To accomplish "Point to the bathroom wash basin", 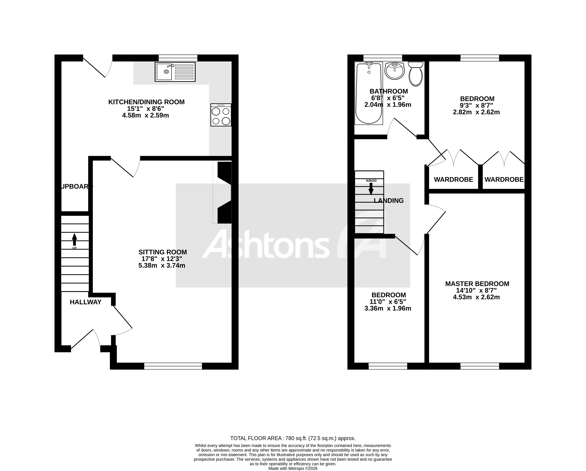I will click(x=395, y=71).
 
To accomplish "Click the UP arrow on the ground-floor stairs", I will click(x=74, y=240).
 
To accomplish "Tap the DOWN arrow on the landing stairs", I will click(x=371, y=189).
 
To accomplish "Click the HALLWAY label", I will click(x=86, y=302).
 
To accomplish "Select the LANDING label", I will click(x=389, y=201).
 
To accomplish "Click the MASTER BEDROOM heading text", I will click(x=477, y=284).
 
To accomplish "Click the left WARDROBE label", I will click(x=453, y=180).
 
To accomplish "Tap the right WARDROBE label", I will click(x=504, y=180).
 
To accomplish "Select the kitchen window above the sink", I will click(x=178, y=58).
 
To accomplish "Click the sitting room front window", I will click(x=173, y=366).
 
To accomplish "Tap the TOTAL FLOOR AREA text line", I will click(x=293, y=438).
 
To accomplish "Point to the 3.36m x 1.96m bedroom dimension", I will click(x=388, y=308).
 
